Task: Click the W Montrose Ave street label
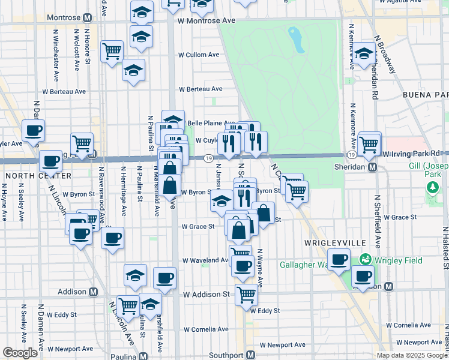coord(205,20)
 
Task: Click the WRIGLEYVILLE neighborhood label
coord(327,242)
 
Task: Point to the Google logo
coord(20,353)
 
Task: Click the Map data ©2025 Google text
coord(412,355)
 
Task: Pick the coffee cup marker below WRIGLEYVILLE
coord(339,260)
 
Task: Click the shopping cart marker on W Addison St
coord(246,294)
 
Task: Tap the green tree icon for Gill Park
coord(432,188)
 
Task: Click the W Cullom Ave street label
coord(199,55)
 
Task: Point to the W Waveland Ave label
coord(206,261)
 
